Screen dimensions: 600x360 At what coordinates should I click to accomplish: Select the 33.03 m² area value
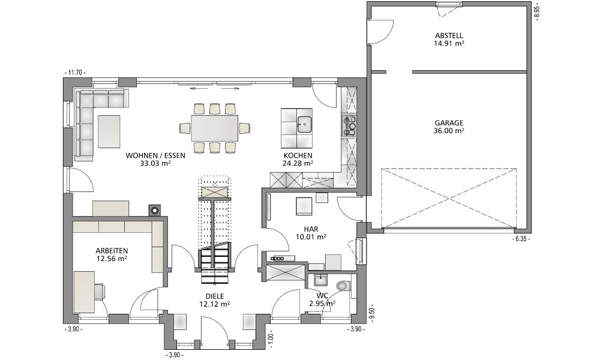(x=155, y=163)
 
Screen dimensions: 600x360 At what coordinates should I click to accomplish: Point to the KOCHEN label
(x=298, y=156)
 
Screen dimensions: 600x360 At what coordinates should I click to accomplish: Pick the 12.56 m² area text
(x=112, y=259)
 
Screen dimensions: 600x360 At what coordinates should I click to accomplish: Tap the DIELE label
(x=214, y=296)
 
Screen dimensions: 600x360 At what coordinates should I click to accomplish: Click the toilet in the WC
(x=343, y=286)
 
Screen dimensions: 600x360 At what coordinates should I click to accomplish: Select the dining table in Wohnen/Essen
(x=214, y=128)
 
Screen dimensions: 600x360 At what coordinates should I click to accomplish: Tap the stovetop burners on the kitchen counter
(x=349, y=125)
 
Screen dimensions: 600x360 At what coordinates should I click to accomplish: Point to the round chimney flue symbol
(x=155, y=210)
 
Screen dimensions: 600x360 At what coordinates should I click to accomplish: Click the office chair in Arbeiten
(x=100, y=291)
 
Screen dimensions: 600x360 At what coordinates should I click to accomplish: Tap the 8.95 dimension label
(x=536, y=11)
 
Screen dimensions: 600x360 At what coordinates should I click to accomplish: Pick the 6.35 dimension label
(x=520, y=239)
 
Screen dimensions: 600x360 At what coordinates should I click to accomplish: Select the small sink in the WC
(x=320, y=280)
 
